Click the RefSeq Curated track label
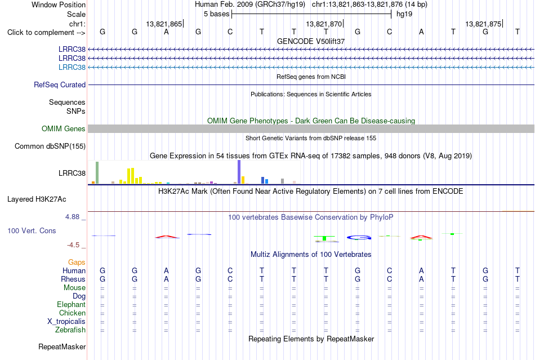click(x=60, y=85)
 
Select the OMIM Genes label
click(x=64, y=128)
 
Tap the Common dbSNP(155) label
click(x=50, y=146)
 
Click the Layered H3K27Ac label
click(x=37, y=199)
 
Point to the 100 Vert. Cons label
click(x=32, y=230)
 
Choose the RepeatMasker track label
click(x=62, y=346)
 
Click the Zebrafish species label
click(x=70, y=330)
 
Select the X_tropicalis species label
click(x=66, y=322)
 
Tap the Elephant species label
click(x=72, y=304)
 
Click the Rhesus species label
click(x=73, y=279)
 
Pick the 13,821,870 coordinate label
click(x=324, y=24)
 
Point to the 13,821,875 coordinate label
click(x=484, y=24)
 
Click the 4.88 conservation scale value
click(x=72, y=217)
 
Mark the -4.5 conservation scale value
click(x=73, y=245)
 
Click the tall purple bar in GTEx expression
click(x=239, y=172)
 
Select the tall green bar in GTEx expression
click(x=97, y=172)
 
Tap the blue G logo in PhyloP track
click(x=359, y=238)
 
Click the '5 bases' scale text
click(x=217, y=14)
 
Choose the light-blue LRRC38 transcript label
click(x=72, y=67)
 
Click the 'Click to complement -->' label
click(x=46, y=33)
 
